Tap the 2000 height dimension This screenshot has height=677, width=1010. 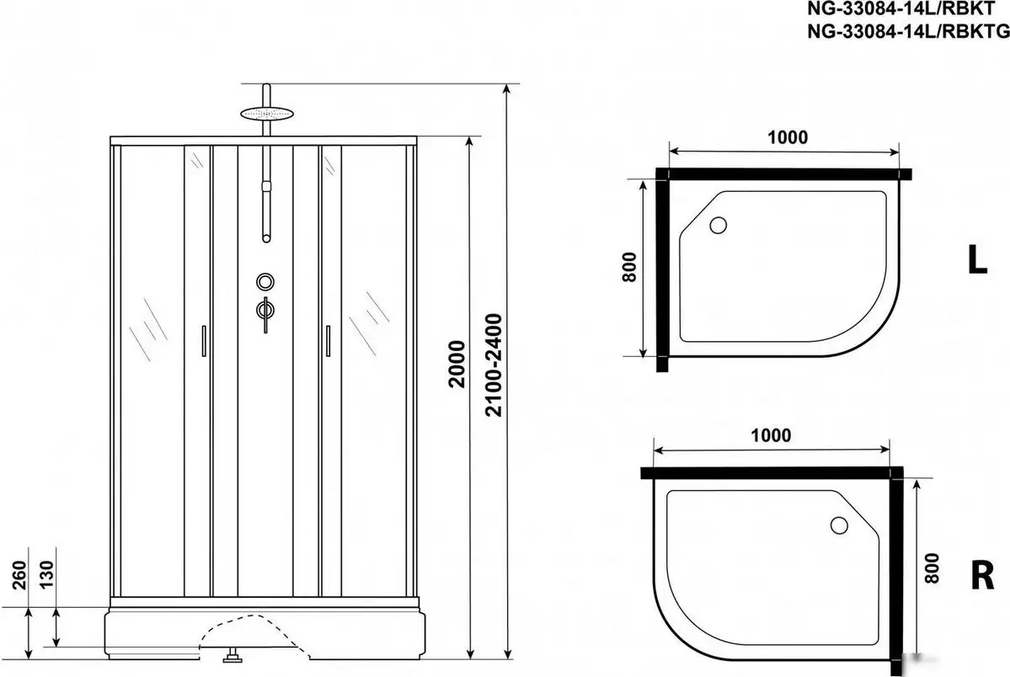coord(456,364)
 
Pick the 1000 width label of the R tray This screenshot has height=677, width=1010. coord(769,435)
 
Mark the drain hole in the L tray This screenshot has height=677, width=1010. coord(719,225)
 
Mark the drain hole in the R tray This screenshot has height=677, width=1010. coord(839,525)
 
